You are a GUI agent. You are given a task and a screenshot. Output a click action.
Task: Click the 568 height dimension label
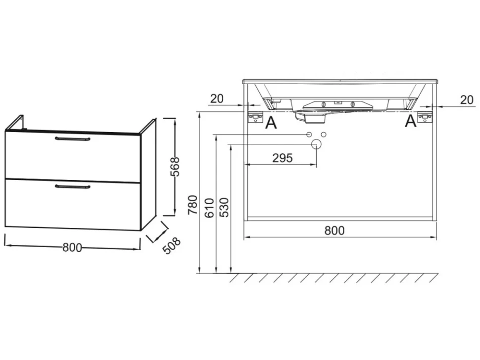click(x=175, y=167)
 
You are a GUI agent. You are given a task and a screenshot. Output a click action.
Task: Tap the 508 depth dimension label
click(x=171, y=246)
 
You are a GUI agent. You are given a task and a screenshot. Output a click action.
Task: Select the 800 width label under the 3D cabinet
click(x=72, y=247)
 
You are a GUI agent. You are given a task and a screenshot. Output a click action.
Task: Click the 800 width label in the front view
click(x=335, y=230)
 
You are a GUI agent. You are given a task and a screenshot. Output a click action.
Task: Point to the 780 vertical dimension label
click(x=193, y=205)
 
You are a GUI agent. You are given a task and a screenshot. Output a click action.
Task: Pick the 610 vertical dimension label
click(x=209, y=208)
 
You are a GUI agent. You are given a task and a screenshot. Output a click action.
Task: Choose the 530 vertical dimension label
click(x=224, y=207)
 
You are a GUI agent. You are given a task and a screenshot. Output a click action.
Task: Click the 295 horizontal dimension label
click(x=282, y=158)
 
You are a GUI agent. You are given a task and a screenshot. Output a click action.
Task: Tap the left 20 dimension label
click(x=217, y=98)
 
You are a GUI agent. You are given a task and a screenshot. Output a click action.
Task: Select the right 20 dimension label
click(x=467, y=100)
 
